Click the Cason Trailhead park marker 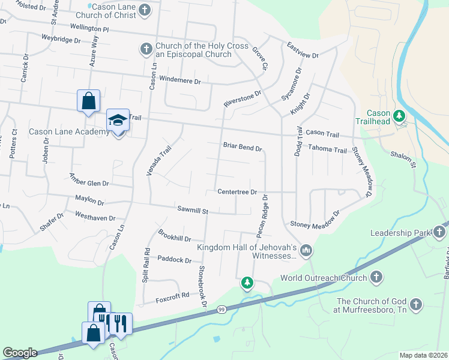pos(399,115)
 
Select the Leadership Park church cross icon pos(439,232)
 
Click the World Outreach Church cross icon pos(376,277)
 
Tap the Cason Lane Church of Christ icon pos(145,10)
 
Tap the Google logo pos(20,353)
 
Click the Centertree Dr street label pos(237,192)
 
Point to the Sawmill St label pos(192,211)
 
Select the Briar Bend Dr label pos(243,148)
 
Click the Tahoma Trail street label pos(328,150)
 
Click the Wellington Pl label pos(89,28)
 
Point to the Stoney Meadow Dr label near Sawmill pos(315,224)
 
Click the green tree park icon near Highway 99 pos(247,282)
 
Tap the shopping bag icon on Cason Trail pos(88,100)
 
